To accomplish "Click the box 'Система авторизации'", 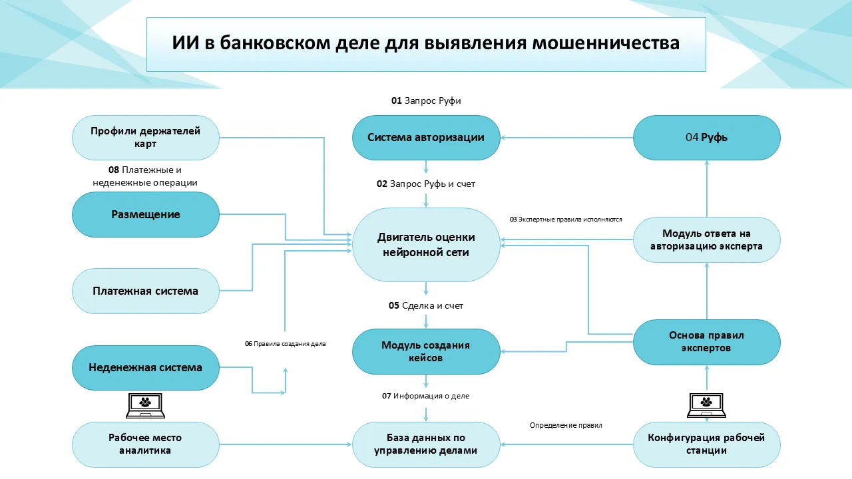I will (x=426, y=138).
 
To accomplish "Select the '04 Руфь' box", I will (x=706, y=138).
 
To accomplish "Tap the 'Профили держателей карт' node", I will (x=145, y=138).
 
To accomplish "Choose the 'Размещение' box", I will (x=145, y=214).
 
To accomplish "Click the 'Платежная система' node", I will (x=145, y=291).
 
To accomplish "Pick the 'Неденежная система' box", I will (x=145, y=367).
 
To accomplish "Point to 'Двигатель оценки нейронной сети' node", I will (x=426, y=244).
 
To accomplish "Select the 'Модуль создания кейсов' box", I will (x=426, y=352).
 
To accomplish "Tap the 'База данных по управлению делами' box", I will (x=426, y=444).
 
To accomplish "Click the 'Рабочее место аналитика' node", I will (x=145, y=444).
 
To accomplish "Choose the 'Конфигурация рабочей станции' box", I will (x=706, y=444).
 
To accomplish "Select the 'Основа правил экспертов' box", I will (x=706, y=342).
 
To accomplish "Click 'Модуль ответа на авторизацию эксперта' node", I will (x=706, y=239).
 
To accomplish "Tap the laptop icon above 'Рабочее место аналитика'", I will (x=146, y=405).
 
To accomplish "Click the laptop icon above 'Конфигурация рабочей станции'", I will (x=706, y=405).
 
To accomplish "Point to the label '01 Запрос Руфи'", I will (x=426, y=101).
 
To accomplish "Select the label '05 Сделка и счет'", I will (x=426, y=306).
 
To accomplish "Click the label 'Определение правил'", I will (x=566, y=425).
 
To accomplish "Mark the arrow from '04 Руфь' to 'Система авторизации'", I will (x=566, y=138).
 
